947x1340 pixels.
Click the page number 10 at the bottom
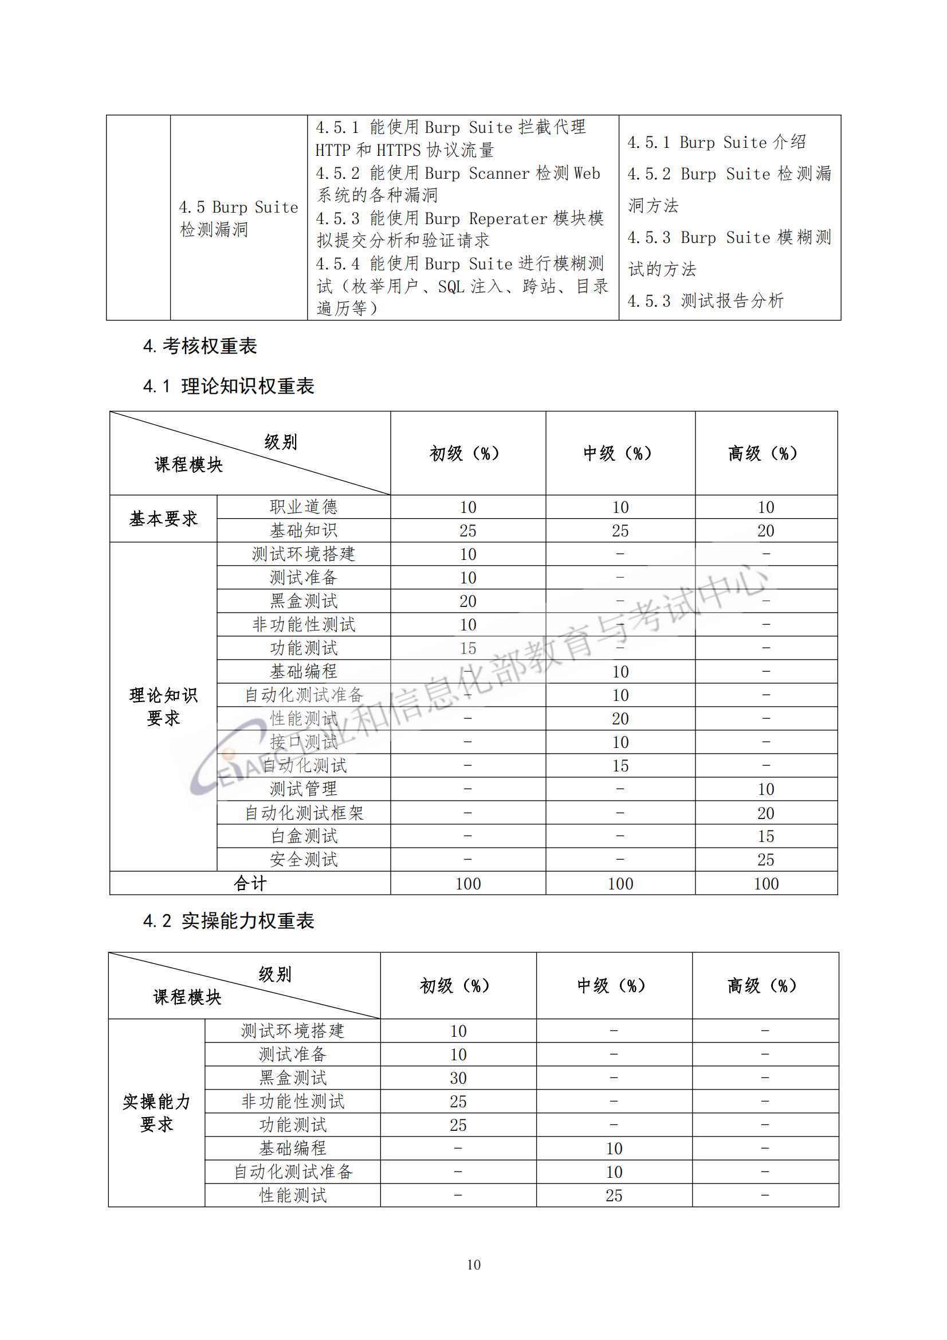(473, 1265)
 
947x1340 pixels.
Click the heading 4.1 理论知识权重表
(229, 386)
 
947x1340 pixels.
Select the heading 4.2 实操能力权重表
(229, 921)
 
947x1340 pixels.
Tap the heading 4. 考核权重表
(199, 346)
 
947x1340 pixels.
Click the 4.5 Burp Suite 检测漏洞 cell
(238, 218)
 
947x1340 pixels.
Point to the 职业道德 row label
(304, 507)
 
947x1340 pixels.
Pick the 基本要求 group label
(163, 518)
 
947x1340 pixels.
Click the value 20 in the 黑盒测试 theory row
(467, 601)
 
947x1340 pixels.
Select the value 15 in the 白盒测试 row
(765, 836)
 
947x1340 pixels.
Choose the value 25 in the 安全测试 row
(765, 860)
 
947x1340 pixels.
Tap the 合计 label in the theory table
(250, 884)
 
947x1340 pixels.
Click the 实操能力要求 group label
(156, 1113)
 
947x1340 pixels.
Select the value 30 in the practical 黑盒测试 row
(458, 1078)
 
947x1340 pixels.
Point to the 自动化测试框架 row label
(304, 812)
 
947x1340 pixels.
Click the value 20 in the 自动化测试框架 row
(765, 813)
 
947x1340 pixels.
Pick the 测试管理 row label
(304, 789)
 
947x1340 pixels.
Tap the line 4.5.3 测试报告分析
(705, 301)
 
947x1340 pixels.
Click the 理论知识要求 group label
(163, 706)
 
